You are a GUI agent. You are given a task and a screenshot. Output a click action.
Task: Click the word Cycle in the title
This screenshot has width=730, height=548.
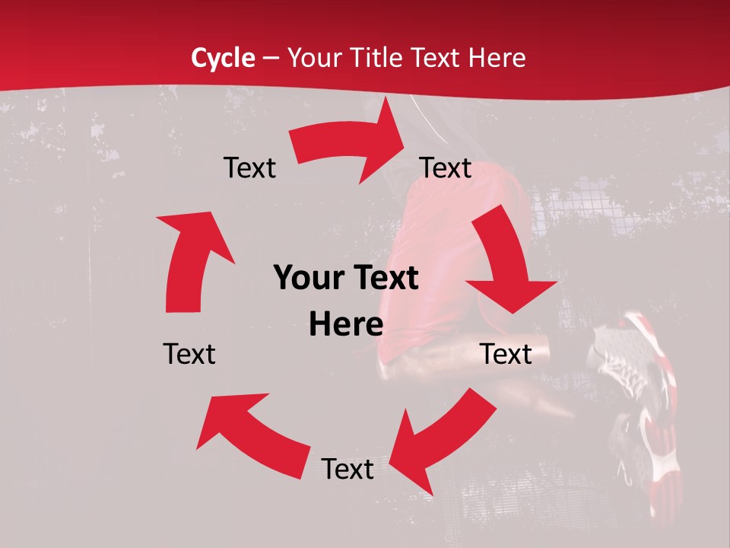coord(223,58)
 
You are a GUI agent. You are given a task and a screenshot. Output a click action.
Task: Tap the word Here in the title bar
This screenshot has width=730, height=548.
coord(496,58)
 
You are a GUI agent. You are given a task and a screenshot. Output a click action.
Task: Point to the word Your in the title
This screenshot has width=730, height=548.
coord(311,58)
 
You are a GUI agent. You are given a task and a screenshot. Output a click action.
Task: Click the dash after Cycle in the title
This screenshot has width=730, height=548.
coord(270,58)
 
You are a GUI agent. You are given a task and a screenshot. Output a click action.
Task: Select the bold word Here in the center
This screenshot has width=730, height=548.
coord(346,325)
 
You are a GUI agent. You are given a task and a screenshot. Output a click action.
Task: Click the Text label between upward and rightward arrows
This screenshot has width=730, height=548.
coord(249,168)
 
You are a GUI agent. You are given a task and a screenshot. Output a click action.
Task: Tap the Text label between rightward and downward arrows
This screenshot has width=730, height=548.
coord(446,168)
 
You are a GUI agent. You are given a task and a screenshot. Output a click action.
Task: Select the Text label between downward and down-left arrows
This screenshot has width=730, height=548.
coord(506,354)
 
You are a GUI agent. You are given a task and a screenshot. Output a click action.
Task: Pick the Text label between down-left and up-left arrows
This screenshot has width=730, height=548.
coord(348,469)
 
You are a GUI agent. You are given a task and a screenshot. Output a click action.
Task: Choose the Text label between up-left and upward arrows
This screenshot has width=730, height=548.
coord(189,354)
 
